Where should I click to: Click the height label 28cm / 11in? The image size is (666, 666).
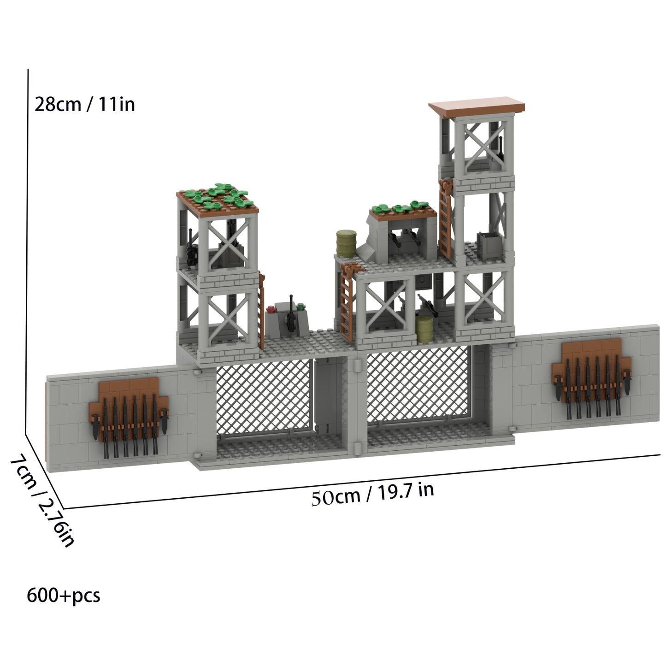pyautogui.click(x=85, y=104)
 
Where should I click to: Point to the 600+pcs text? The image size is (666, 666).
pyautogui.click(x=64, y=595)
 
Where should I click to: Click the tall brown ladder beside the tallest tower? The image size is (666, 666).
pyautogui.click(x=446, y=219)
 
